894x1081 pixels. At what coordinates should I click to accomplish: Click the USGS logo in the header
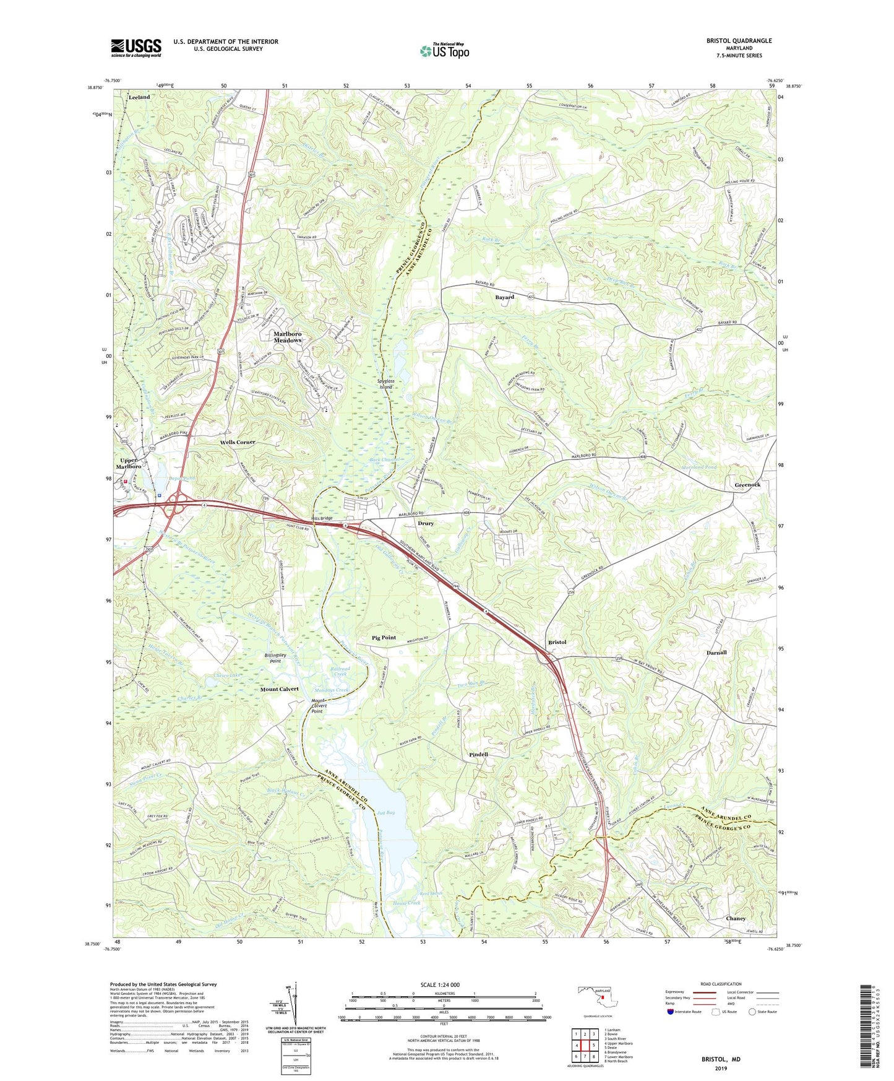(136, 48)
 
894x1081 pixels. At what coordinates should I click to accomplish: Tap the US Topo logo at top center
(444, 51)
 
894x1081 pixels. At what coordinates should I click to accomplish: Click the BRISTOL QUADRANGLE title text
(739, 41)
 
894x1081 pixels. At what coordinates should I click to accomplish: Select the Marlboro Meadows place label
(288, 337)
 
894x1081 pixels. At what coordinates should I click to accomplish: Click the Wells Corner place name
(238, 442)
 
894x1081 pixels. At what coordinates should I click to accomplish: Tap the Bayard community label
(504, 297)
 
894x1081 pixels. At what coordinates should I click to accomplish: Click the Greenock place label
(747, 485)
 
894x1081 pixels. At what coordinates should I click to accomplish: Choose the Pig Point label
(384, 637)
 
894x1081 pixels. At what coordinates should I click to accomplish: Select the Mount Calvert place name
(279, 688)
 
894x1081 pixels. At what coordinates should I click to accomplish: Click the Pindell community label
(478, 755)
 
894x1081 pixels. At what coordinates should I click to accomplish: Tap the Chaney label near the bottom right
(736, 918)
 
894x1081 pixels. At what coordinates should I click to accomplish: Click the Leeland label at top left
(139, 97)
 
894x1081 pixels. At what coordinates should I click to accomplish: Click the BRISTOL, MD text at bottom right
(720, 1059)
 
